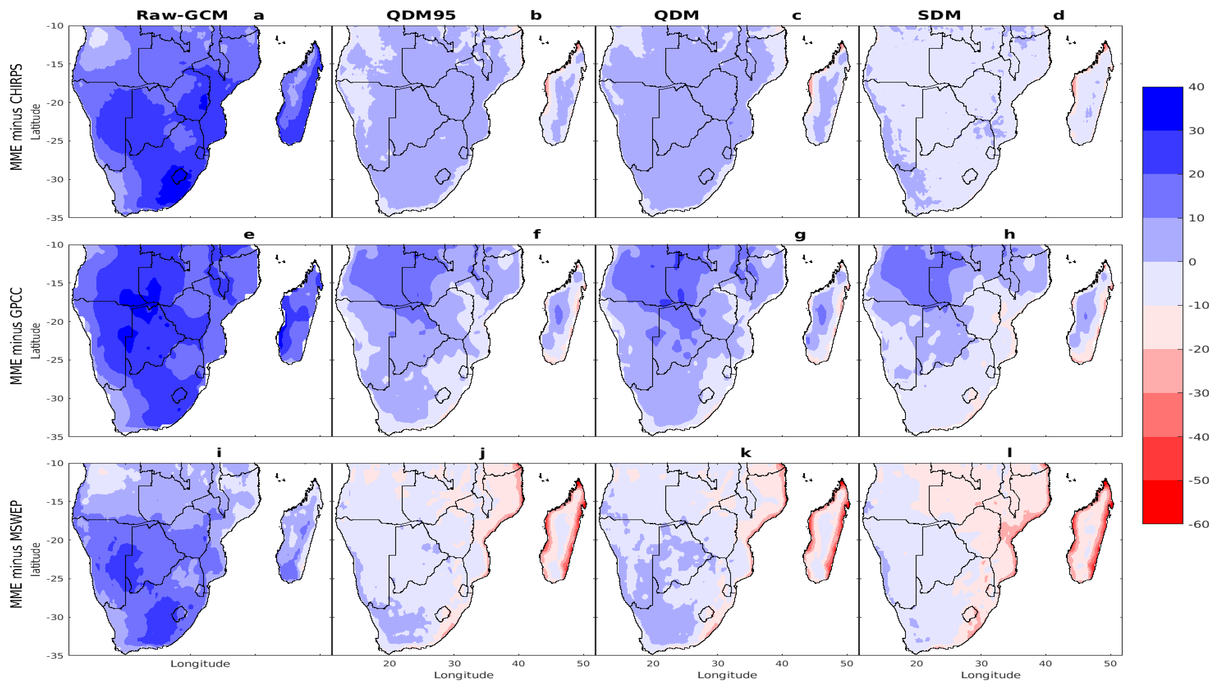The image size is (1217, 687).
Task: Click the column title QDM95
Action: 421,15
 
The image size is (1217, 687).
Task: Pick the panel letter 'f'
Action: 537,234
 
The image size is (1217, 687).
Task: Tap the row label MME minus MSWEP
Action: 17,554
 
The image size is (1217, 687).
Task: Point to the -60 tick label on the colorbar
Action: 1198,524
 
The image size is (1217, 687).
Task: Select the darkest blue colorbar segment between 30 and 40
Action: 1162,109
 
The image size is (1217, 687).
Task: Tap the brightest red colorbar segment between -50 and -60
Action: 1162,502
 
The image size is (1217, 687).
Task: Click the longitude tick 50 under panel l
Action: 1110,663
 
